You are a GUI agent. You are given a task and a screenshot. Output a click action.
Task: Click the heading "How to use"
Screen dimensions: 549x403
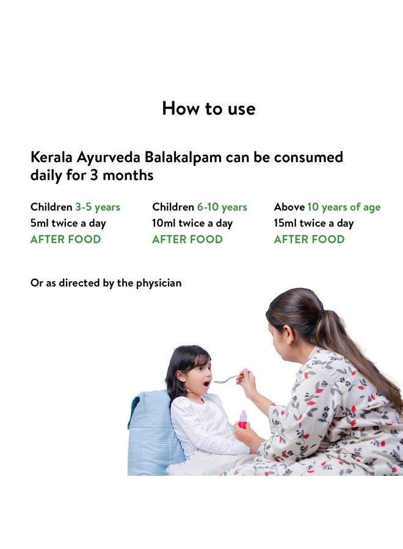pyautogui.click(x=208, y=109)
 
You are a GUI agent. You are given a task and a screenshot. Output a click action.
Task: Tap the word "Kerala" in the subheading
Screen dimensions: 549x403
pyautogui.click(x=52, y=157)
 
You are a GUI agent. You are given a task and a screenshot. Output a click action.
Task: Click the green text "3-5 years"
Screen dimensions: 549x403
pyautogui.click(x=98, y=207)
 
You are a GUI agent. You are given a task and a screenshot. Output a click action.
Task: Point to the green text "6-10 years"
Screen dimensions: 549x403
pyautogui.click(x=217, y=207)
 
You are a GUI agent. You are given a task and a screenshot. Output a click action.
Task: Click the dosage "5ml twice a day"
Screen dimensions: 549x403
pyautogui.click(x=68, y=223)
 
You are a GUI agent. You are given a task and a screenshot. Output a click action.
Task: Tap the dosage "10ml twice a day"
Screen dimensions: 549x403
pyautogui.click(x=192, y=223)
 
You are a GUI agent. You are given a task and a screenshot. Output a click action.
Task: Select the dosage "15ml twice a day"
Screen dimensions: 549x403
pyautogui.click(x=314, y=223)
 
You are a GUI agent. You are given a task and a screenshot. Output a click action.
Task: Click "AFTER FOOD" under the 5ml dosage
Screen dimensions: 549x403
pyautogui.click(x=65, y=239)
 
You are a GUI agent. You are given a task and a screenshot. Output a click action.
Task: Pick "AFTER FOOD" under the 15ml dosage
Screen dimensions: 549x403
pyautogui.click(x=309, y=239)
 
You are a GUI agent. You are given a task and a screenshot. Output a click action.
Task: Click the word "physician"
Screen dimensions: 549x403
pyautogui.click(x=158, y=283)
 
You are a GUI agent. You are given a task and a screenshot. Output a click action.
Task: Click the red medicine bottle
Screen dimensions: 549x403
pyautogui.click(x=243, y=419)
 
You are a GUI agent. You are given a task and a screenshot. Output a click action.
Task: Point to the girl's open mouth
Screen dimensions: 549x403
pyautogui.click(x=206, y=384)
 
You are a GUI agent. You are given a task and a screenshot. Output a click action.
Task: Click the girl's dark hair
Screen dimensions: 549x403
pyautogui.click(x=181, y=363)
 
